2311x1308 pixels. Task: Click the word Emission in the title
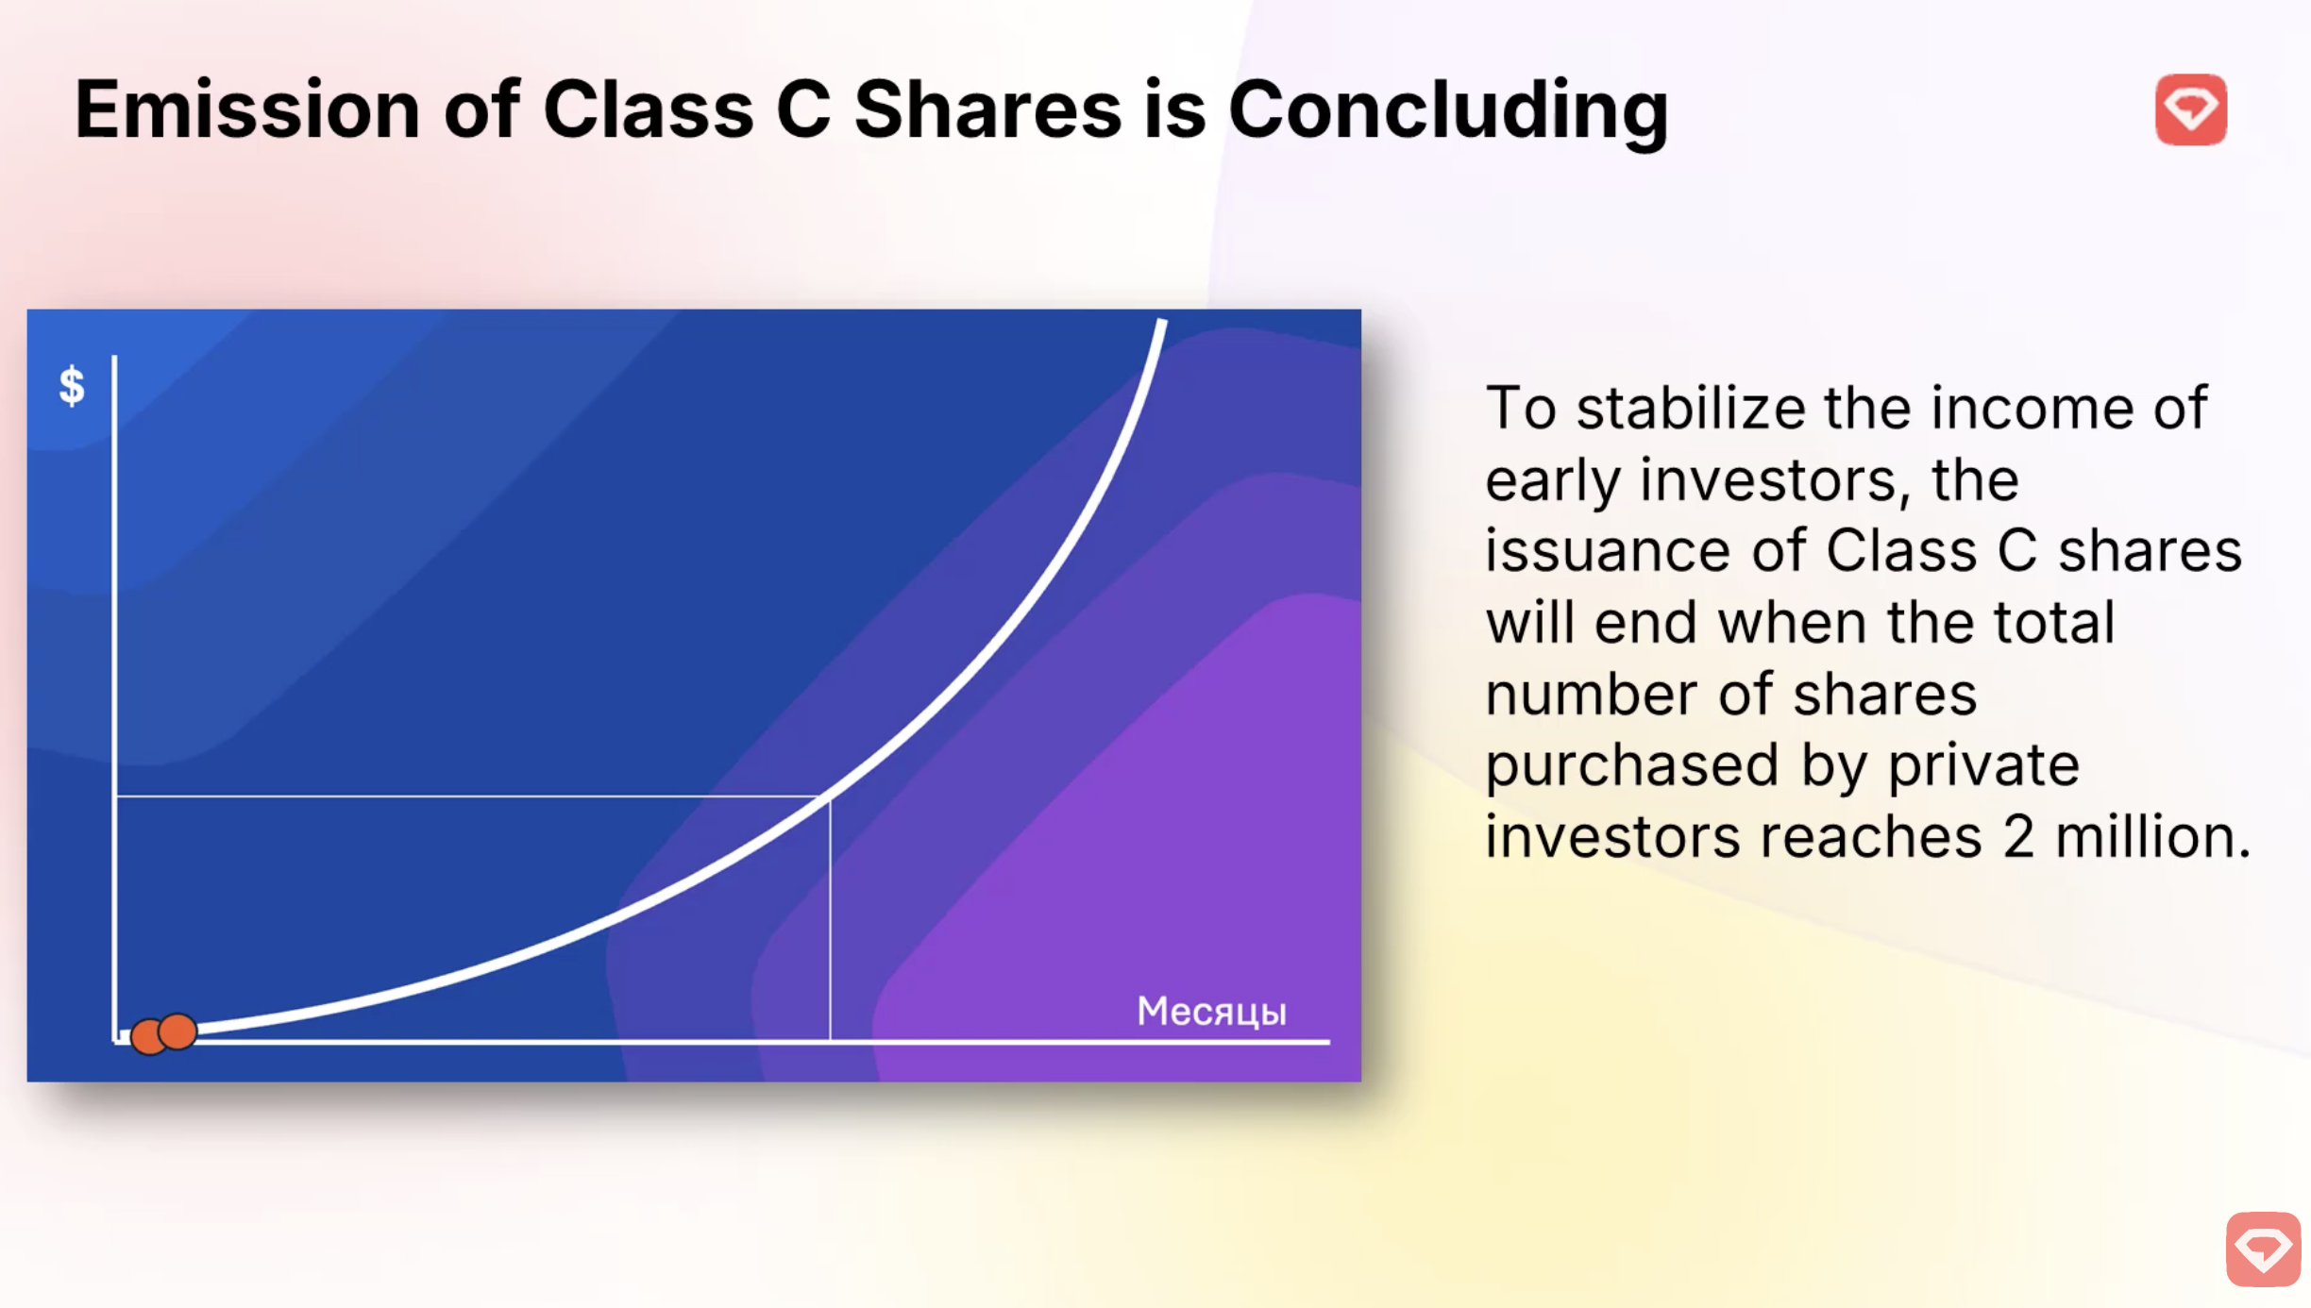pyautogui.click(x=246, y=109)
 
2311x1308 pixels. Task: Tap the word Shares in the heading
pyautogui.click(x=987, y=109)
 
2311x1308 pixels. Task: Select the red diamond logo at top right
pyautogui.click(x=2190, y=109)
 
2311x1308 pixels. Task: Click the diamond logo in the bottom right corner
pyautogui.click(x=2263, y=1249)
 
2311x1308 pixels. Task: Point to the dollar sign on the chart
pyautogui.click(x=72, y=386)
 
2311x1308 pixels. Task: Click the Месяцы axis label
pyautogui.click(x=1211, y=1012)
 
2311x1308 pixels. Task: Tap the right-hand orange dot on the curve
pyautogui.click(x=177, y=1031)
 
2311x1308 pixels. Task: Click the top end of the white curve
pyautogui.click(x=1162, y=324)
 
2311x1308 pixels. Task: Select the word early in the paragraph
pyautogui.click(x=1551, y=480)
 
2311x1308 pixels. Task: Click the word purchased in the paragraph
pyautogui.click(x=1631, y=765)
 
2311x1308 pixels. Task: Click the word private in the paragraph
pyautogui.click(x=1982, y=765)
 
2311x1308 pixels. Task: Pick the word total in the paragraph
pyautogui.click(x=2053, y=623)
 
